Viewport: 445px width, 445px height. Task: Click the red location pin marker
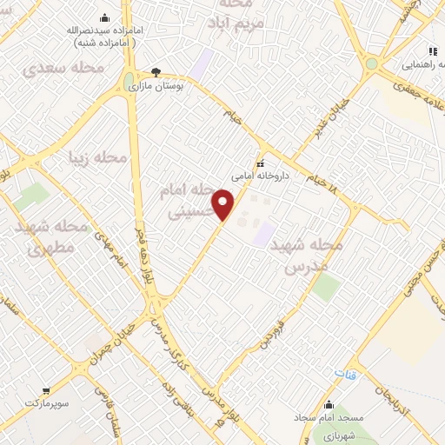[x=225, y=204]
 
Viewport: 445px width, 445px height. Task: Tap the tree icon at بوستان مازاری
[x=156, y=72]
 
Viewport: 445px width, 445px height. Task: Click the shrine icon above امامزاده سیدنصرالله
[x=106, y=17]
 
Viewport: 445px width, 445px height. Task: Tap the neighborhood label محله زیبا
[x=98, y=157]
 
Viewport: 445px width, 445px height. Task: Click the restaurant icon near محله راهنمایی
[x=433, y=50]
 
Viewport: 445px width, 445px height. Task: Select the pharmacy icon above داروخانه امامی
[x=259, y=163]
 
